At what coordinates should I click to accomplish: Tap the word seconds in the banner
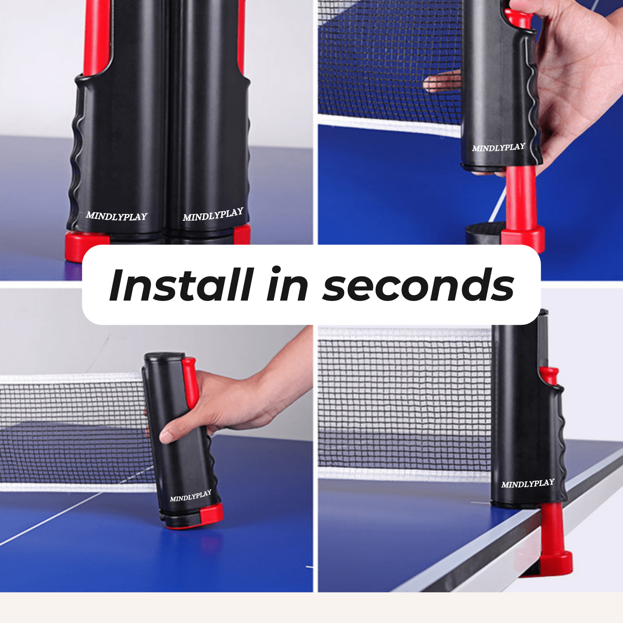pos(418,286)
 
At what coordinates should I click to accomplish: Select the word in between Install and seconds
pos(287,285)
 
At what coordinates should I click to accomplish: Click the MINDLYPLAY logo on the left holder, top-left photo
pos(116,216)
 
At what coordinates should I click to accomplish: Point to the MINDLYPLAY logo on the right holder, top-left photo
pos(213,214)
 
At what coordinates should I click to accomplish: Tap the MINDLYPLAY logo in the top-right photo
pos(498,147)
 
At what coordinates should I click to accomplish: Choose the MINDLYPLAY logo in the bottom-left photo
pos(191,496)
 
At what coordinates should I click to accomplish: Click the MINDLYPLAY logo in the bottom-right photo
pos(528,484)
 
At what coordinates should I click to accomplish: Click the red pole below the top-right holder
pos(521,194)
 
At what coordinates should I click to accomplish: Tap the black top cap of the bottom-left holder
pos(164,357)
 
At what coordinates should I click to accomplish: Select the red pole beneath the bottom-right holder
pos(551,526)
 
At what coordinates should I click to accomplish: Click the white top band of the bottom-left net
pos(69,379)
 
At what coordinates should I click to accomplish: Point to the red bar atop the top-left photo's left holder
pos(97,34)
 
